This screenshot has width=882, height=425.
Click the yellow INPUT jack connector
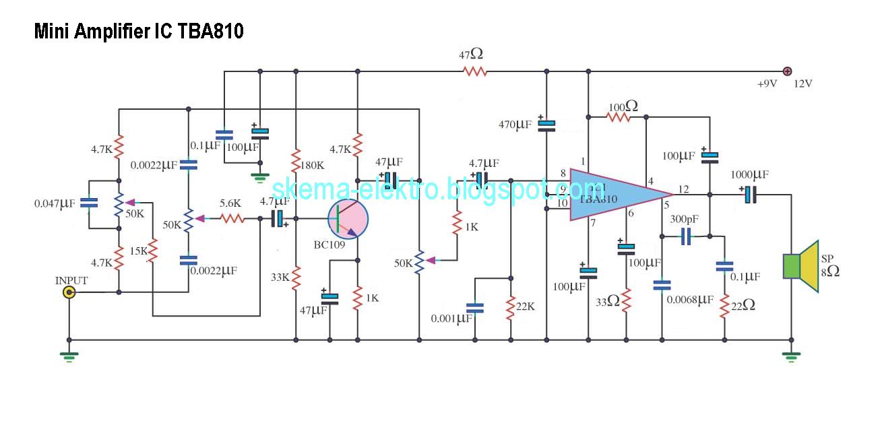(69, 292)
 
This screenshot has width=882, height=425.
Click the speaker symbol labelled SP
(800, 267)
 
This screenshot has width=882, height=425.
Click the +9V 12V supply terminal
(786, 71)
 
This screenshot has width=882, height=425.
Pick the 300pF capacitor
(686, 236)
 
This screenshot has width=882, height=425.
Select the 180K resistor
(296, 160)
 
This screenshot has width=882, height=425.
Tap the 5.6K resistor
(232, 218)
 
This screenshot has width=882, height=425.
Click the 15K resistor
(154, 251)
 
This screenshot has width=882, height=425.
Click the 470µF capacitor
(548, 124)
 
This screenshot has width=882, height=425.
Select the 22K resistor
(511, 306)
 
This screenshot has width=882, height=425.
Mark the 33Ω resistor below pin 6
(626, 300)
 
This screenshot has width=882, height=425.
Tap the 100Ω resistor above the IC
(618, 117)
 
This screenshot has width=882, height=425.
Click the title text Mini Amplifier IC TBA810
(139, 32)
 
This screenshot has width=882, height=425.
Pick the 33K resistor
(296, 277)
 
